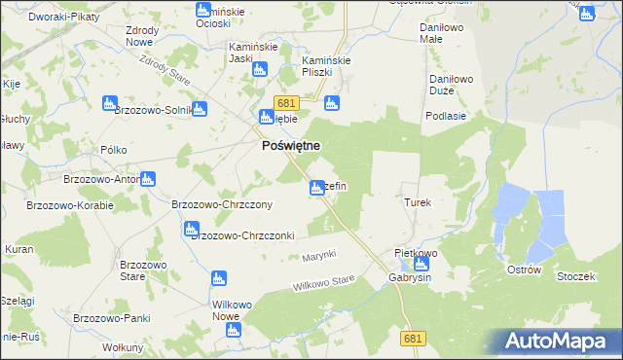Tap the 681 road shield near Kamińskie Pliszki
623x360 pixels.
pos(285,103)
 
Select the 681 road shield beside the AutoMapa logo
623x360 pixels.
pos(414,337)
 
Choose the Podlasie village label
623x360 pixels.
pos(443,115)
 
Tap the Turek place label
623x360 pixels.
pos(417,202)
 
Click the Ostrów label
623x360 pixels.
pos(524,269)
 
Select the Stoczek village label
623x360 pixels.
pos(575,276)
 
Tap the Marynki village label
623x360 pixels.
pos(318,255)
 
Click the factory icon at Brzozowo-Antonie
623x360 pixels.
pos(147,178)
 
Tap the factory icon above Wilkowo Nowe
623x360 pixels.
pos(218,279)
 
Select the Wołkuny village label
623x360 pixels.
pos(123,347)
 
